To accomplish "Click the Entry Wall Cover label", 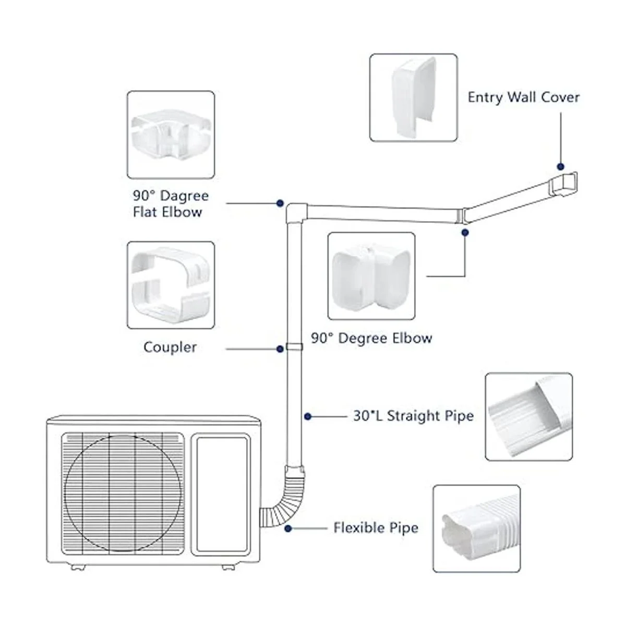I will click(523, 98).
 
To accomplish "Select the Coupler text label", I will click(170, 347).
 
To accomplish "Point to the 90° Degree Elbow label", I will click(371, 338).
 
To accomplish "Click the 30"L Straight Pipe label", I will click(413, 416).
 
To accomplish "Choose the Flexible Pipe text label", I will click(376, 528).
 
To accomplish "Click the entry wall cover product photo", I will click(414, 98).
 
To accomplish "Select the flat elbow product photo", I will click(171, 135).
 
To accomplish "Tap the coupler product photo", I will click(171, 285).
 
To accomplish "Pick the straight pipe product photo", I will click(528, 416).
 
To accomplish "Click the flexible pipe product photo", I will click(476, 528).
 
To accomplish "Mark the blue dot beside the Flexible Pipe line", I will click(288, 528).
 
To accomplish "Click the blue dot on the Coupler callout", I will click(280, 348).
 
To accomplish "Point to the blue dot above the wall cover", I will click(561, 166).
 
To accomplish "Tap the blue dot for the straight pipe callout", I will click(308, 416).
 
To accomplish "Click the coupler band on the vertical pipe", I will click(294, 346).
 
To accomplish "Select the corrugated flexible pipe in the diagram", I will click(284, 498).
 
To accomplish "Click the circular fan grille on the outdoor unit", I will click(123, 493).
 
